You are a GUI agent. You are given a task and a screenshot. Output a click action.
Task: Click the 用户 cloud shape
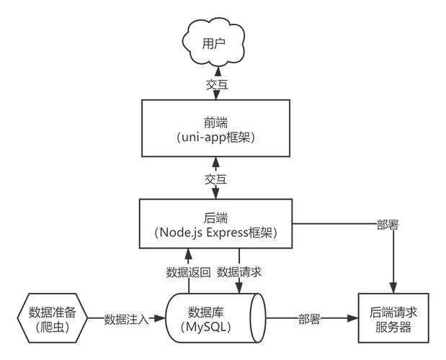coord(215,42)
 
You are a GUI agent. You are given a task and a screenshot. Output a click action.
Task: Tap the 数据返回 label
coord(188,272)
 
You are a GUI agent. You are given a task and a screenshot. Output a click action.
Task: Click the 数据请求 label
coord(239,272)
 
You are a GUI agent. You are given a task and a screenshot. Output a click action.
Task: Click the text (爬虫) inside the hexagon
coord(51,326)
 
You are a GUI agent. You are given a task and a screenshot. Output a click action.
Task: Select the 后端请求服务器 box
coord(393,320)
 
